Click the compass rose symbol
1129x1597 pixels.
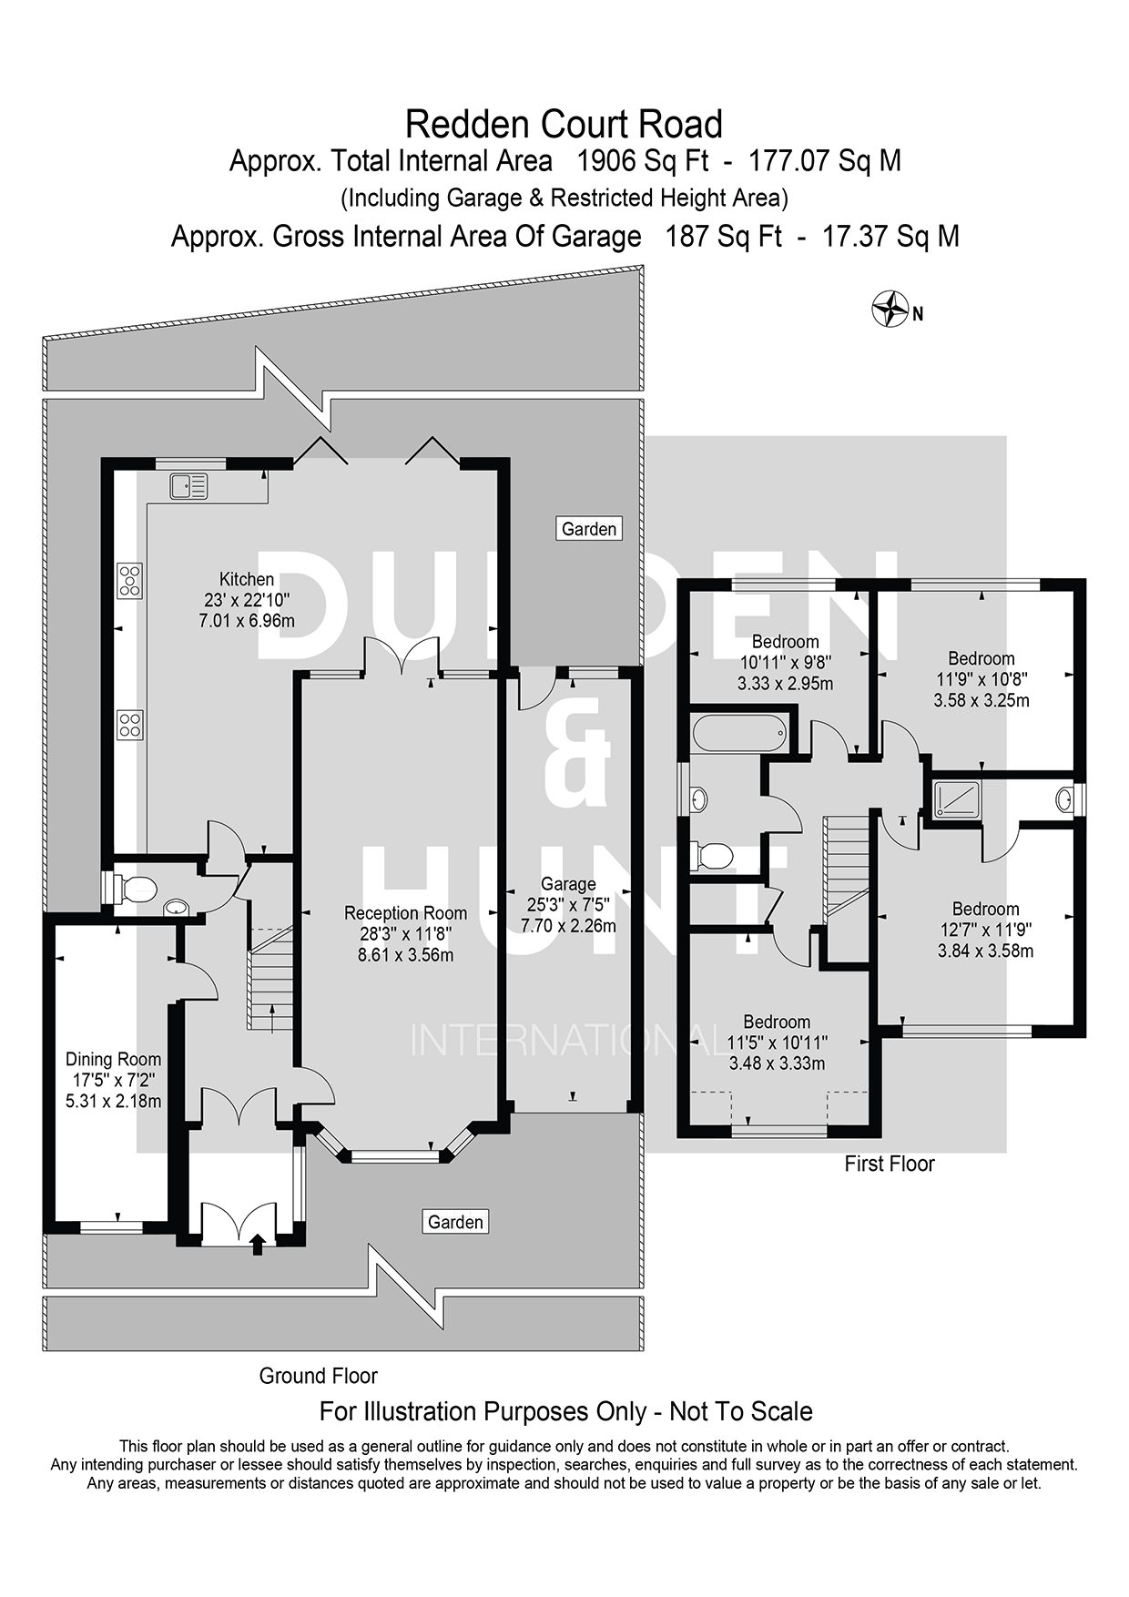tap(890, 309)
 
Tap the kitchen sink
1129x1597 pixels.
tap(188, 486)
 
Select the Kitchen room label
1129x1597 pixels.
tap(247, 579)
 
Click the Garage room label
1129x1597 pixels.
tap(568, 883)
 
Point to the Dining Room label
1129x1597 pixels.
tap(113, 1059)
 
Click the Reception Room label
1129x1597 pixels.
tap(405, 912)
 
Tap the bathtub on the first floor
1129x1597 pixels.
tap(738, 732)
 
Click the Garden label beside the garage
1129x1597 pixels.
tap(588, 528)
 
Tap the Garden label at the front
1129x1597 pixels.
tap(455, 1221)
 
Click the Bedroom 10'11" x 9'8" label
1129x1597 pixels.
tap(785, 642)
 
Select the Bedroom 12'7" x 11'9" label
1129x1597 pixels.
tap(985, 909)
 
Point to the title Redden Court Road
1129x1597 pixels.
tap(564, 123)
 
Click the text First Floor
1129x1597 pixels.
tap(889, 1164)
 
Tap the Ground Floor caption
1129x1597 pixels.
tap(318, 1375)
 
